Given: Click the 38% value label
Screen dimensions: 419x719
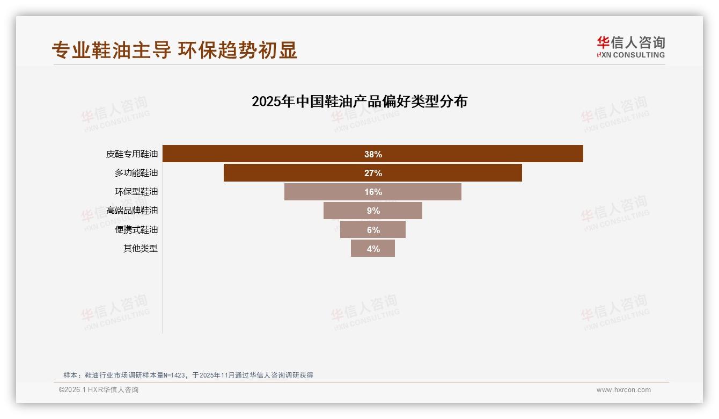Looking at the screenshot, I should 373,154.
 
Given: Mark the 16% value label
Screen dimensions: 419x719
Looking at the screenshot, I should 373,192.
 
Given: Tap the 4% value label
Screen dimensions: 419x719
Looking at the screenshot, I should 373,249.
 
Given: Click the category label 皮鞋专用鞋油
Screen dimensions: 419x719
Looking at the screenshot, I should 132,154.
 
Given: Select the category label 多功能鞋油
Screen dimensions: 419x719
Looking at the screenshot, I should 136,173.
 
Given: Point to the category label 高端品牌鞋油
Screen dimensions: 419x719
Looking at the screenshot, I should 132,211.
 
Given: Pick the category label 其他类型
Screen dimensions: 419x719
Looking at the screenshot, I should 141,249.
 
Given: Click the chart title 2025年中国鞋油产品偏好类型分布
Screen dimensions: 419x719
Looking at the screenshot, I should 359,102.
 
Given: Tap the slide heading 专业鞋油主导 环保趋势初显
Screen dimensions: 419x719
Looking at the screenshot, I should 174,50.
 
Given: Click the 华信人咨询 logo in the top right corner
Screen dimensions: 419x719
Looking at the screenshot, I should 630,47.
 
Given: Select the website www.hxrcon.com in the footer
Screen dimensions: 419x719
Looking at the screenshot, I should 623,390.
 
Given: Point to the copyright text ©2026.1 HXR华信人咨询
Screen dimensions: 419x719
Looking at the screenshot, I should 99,390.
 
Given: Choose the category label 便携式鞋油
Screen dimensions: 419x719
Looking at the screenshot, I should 136,230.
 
